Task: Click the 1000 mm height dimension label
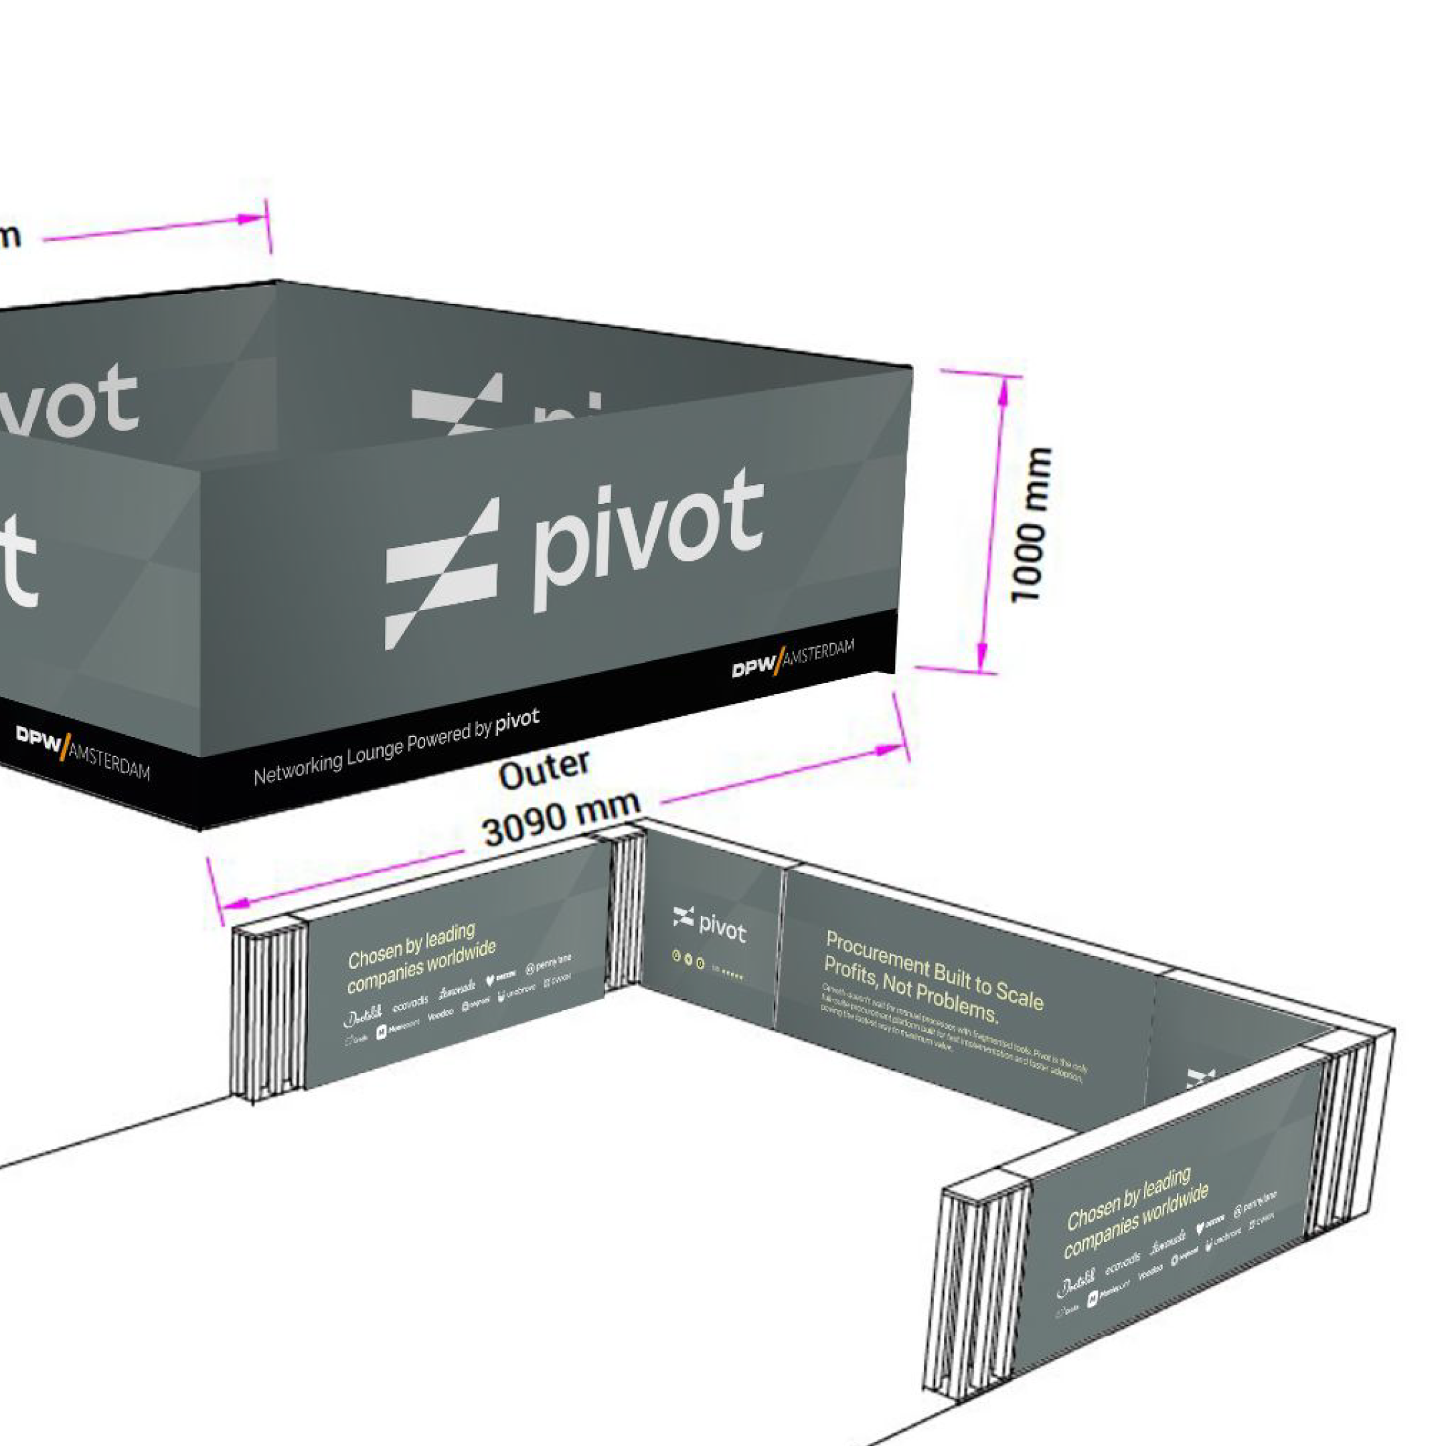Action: tap(1031, 525)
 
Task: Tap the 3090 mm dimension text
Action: tap(560, 819)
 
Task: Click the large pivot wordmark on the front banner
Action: tap(648, 534)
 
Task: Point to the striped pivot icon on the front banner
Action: tap(441, 573)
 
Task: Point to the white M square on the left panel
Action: tap(381, 1032)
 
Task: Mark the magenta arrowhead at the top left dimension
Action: tap(248, 220)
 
